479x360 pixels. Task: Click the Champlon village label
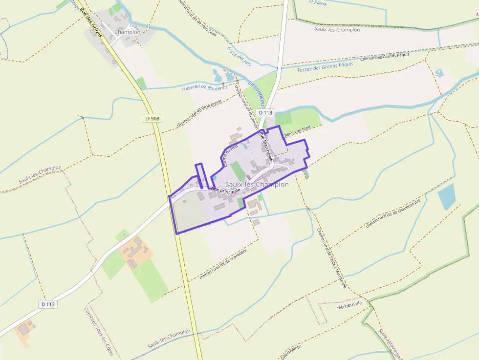click(x=127, y=32)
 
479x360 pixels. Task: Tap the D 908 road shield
click(x=152, y=118)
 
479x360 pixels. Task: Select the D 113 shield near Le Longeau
click(x=265, y=112)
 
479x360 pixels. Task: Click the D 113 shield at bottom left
click(x=48, y=304)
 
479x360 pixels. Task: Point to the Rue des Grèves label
click(x=90, y=22)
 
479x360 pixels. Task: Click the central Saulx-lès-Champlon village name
click(x=257, y=185)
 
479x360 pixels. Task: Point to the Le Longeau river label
click(x=257, y=93)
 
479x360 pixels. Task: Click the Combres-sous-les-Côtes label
click(x=98, y=331)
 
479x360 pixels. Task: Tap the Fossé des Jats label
click(x=239, y=57)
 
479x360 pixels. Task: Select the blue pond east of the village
click(x=447, y=196)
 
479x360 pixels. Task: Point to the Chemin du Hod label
click(x=230, y=155)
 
